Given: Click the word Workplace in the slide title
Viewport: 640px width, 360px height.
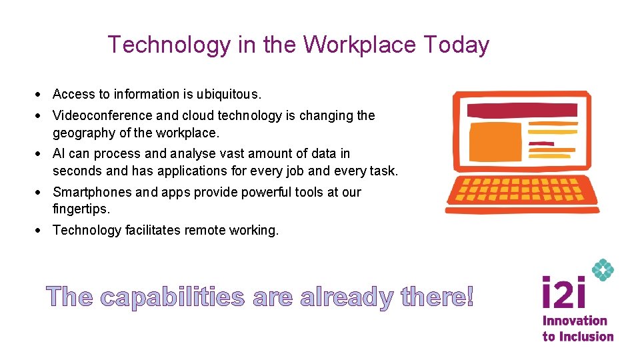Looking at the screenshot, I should [x=359, y=45].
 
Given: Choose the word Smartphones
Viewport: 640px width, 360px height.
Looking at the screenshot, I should [x=92, y=192].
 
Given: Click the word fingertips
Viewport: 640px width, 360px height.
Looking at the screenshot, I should [x=80, y=209].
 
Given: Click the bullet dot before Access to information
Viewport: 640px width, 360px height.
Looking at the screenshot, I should [x=41, y=95].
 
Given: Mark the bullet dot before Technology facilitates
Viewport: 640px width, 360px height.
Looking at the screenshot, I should [x=41, y=231].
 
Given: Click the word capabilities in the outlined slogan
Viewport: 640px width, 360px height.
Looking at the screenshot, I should [x=172, y=297].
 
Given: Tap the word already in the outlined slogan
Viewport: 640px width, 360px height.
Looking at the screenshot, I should [x=346, y=297].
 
